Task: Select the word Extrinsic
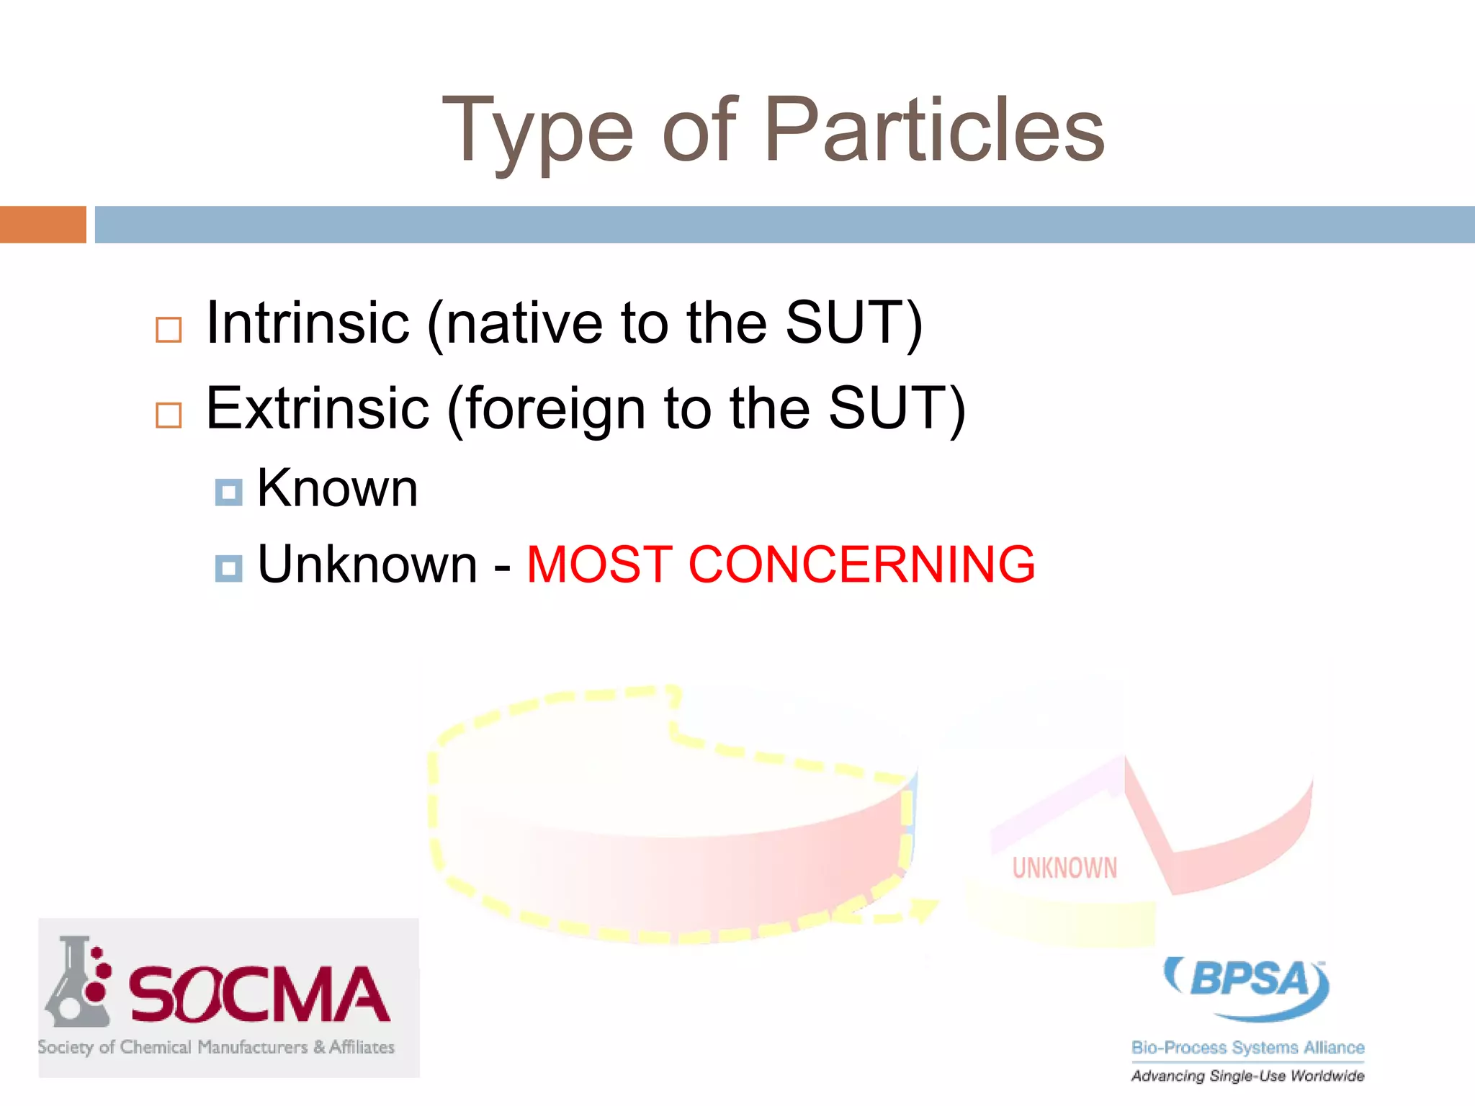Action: pos(318,408)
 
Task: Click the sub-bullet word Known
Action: pos(337,488)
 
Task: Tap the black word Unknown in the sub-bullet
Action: pos(367,564)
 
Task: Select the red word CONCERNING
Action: pos(861,564)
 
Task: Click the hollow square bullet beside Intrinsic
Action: pos(169,330)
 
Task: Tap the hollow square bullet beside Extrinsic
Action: pos(169,415)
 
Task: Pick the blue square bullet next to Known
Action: pos(229,493)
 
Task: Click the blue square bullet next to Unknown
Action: pos(229,568)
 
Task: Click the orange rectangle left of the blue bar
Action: pos(42,225)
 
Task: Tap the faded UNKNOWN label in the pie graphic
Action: pos(1064,868)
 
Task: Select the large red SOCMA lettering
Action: pos(259,995)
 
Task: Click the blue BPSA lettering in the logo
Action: pos(1249,979)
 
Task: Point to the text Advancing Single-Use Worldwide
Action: pos(1247,1076)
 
